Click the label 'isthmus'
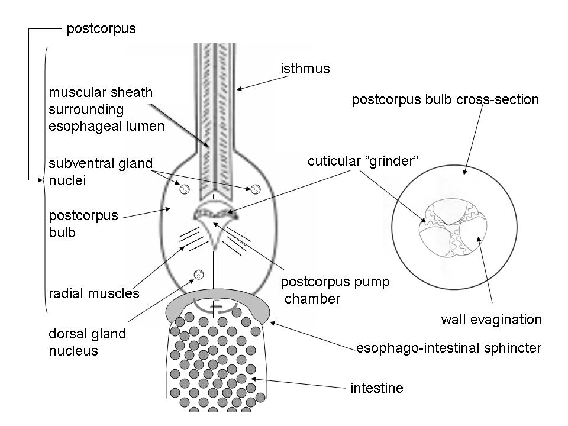point(305,69)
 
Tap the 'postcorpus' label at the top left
point(101,28)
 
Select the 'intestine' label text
point(377,389)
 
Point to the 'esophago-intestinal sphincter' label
point(448,348)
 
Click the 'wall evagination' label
point(491,320)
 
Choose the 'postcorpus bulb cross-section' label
point(445,99)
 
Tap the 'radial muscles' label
point(94,293)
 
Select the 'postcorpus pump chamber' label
point(335,290)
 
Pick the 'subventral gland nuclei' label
point(93,172)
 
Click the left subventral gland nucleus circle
point(185,189)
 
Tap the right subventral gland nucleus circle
point(256,189)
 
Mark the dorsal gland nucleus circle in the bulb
point(199,274)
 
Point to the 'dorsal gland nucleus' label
point(87,342)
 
